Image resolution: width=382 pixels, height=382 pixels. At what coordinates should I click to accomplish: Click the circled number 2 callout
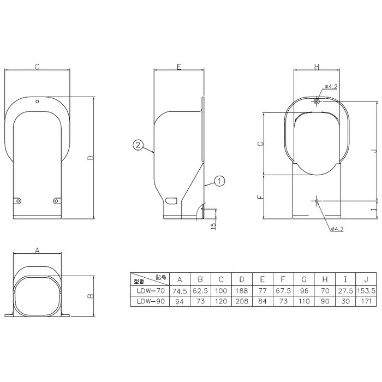[x=138, y=145]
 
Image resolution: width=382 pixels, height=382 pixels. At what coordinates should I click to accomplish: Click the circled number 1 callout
[x=219, y=181]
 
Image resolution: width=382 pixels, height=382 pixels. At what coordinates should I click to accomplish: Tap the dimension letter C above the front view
[x=37, y=67]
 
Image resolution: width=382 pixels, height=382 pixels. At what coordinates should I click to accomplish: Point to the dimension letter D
[x=91, y=158]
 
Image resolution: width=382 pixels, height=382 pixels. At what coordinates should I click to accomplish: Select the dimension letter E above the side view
[x=179, y=67]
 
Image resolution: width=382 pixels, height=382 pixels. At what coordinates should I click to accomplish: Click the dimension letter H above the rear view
[x=317, y=67]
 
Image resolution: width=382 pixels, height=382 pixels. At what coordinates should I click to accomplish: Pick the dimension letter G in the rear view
[x=261, y=144]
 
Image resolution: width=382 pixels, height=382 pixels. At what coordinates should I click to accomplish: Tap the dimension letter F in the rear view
[x=261, y=196]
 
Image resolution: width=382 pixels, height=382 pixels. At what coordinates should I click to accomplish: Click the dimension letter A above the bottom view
[x=37, y=250]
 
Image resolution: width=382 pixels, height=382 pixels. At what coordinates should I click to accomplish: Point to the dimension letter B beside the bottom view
[x=91, y=296]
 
